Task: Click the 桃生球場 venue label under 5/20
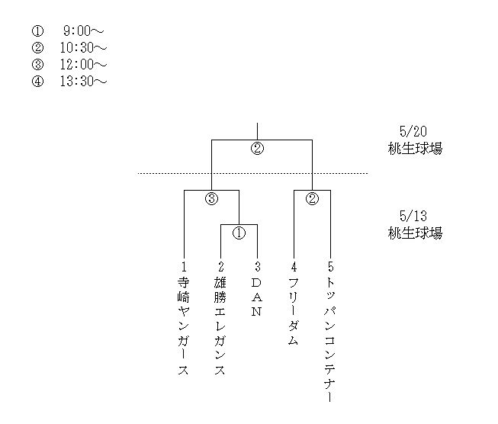tap(414, 149)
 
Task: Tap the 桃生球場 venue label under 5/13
tap(414, 233)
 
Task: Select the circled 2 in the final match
tap(257, 149)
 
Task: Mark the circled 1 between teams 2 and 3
tap(239, 233)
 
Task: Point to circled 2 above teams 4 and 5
tap(312, 199)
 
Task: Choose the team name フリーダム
tap(294, 313)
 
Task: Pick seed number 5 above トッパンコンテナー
tap(330, 267)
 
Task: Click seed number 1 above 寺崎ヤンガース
tap(184, 267)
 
